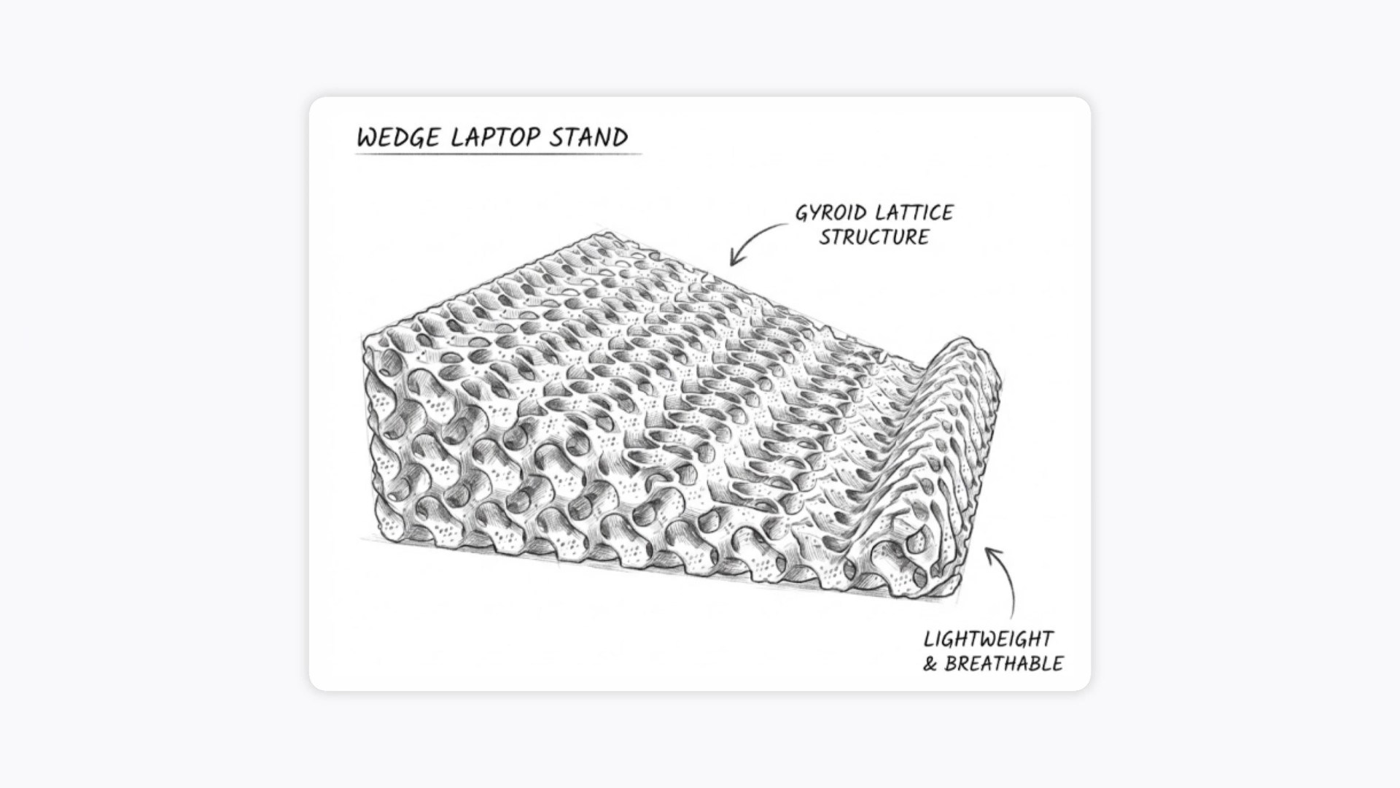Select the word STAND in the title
coord(589,137)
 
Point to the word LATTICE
coord(914,212)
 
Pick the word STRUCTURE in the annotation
coord(874,237)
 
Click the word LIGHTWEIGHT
coord(988,639)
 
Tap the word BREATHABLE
coord(1004,664)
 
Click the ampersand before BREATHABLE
coord(930,665)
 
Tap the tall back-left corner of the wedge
coord(365,339)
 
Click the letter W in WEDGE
coord(367,139)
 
